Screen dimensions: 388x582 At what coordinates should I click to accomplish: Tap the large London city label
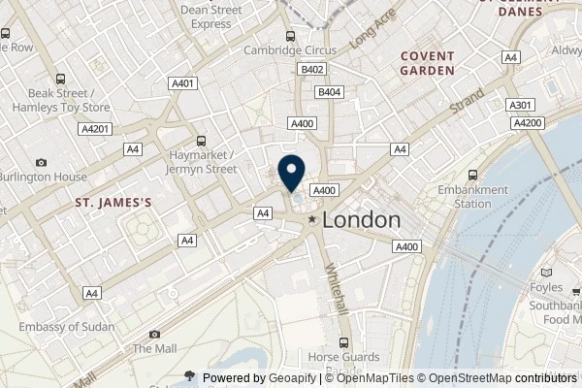click(x=360, y=220)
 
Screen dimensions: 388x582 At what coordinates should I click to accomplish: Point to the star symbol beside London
click(x=312, y=221)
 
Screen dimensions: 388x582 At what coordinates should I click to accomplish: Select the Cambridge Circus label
click(x=290, y=50)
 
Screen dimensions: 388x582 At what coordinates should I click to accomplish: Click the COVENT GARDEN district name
click(x=427, y=63)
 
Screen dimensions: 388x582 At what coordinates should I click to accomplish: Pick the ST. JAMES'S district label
click(x=114, y=203)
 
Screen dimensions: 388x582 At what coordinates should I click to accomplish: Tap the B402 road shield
click(x=311, y=70)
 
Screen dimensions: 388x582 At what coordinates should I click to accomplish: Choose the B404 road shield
click(x=329, y=91)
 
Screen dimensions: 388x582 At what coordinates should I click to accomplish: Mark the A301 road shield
click(x=520, y=105)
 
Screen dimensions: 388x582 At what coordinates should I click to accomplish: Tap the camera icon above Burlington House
click(x=41, y=162)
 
